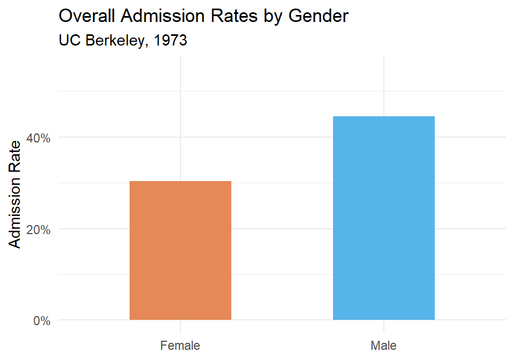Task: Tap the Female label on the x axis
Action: point(180,346)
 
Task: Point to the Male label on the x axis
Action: point(383,346)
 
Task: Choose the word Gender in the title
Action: point(319,16)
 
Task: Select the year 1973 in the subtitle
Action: point(170,41)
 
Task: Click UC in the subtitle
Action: point(69,41)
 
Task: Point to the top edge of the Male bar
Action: point(383,116)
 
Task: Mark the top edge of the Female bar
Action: point(180,181)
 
